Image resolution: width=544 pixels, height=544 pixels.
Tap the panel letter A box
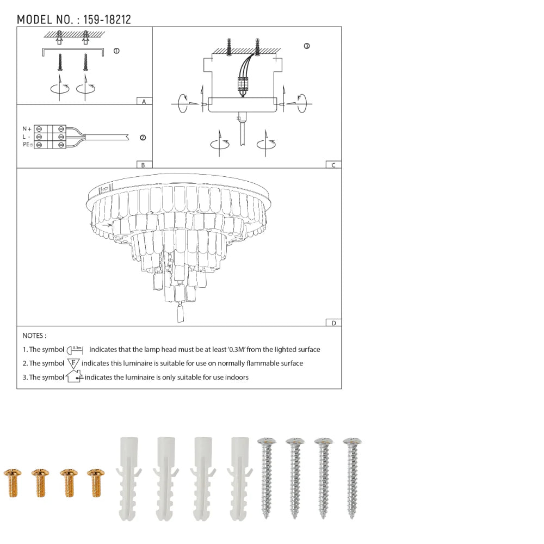coord(144,101)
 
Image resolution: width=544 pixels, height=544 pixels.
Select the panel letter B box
coord(143,165)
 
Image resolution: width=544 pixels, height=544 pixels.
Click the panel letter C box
coord(333,165)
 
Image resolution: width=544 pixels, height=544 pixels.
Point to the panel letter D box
coord(333,323)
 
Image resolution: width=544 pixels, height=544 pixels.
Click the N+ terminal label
coord(26,128)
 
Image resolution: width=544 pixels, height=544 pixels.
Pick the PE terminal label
coord(27,144)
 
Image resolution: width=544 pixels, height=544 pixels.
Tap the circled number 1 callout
coord(116,51)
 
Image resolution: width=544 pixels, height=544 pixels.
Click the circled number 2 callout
coord(143,138)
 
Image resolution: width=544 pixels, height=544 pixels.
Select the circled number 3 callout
coord(307,46)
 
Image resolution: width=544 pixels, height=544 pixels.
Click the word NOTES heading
coord(34,336)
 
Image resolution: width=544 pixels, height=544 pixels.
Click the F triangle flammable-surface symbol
coord(73,363)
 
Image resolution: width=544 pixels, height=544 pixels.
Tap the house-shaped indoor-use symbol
coord(73,376)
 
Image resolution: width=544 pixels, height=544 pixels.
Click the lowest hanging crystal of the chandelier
coord(181,314)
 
